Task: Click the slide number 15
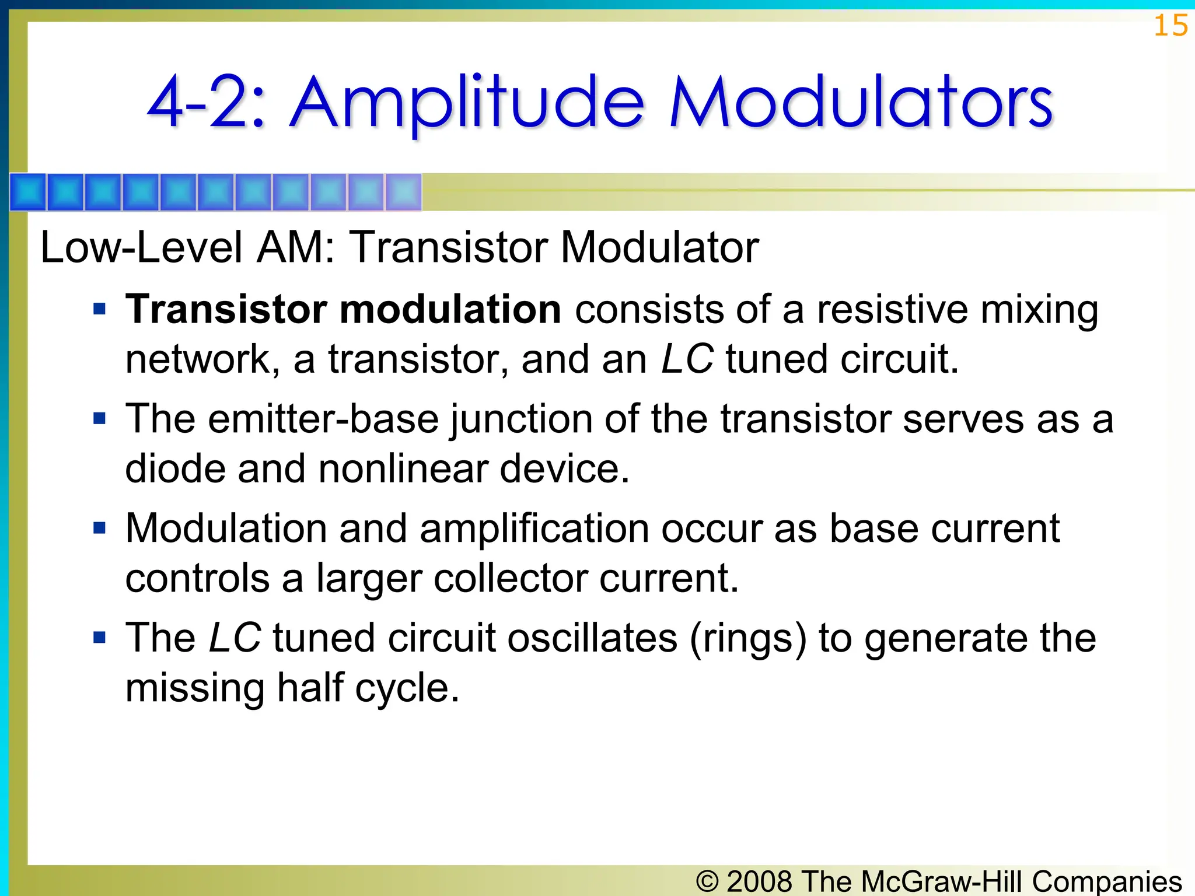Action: (x=1170, y=26)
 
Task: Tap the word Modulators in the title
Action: (x=861, y=104)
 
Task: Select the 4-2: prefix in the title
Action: (x=207, y=104)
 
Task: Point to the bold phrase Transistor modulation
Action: (x=343, y=309)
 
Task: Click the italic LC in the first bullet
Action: (x=687, y=359)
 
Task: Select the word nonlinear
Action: (x=403, y=468)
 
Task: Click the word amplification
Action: (x=533, y=528)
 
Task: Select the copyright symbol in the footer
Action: (x=707, y=881)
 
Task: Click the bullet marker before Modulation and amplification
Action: (x=100, y=528)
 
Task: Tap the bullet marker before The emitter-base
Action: (x=100, y=419)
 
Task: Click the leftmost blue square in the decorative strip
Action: (x=28, y=192)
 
